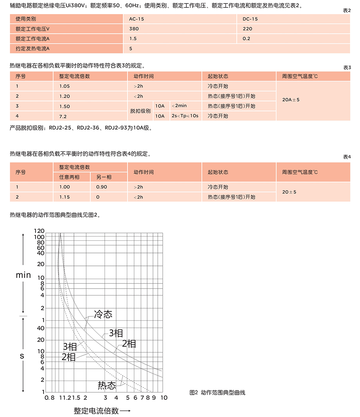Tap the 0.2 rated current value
(x=247, y=38)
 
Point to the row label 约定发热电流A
(x=33, y=49)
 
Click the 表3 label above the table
(x=347, y=67)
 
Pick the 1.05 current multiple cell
(x=65, y=86)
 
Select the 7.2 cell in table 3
(x=63, y=116)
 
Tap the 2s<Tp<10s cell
(x=185, y=116)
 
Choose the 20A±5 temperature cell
(x=291, y=100)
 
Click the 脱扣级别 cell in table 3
(x=140, y=111)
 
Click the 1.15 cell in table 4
(x=65, y=197)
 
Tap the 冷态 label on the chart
(x=103, y=314)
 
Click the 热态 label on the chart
(x=107, y=385)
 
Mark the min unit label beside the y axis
(x=23, y=275)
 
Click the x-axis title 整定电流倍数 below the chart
(x=96, y=411)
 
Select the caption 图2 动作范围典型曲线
(x=217, y=392)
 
